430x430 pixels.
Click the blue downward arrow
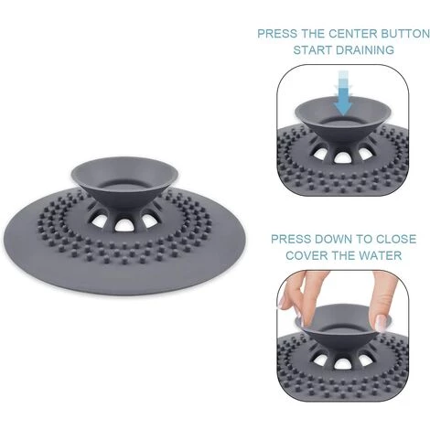[x=343, y=94]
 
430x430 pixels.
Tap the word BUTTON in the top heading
[x=405, y=34]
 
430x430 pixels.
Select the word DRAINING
[x=365, y=49]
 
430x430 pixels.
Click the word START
[x=313, y=49]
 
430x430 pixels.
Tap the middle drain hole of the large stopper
[x=124, y=224]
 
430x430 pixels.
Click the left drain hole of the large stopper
[x=99, y=220]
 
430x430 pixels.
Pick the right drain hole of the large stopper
[x=149, y=220]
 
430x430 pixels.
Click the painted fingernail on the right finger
[x=381, y=323]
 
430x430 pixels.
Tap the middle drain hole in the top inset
[x=342, y=156]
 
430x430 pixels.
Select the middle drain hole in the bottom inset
[x=342, y=363]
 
